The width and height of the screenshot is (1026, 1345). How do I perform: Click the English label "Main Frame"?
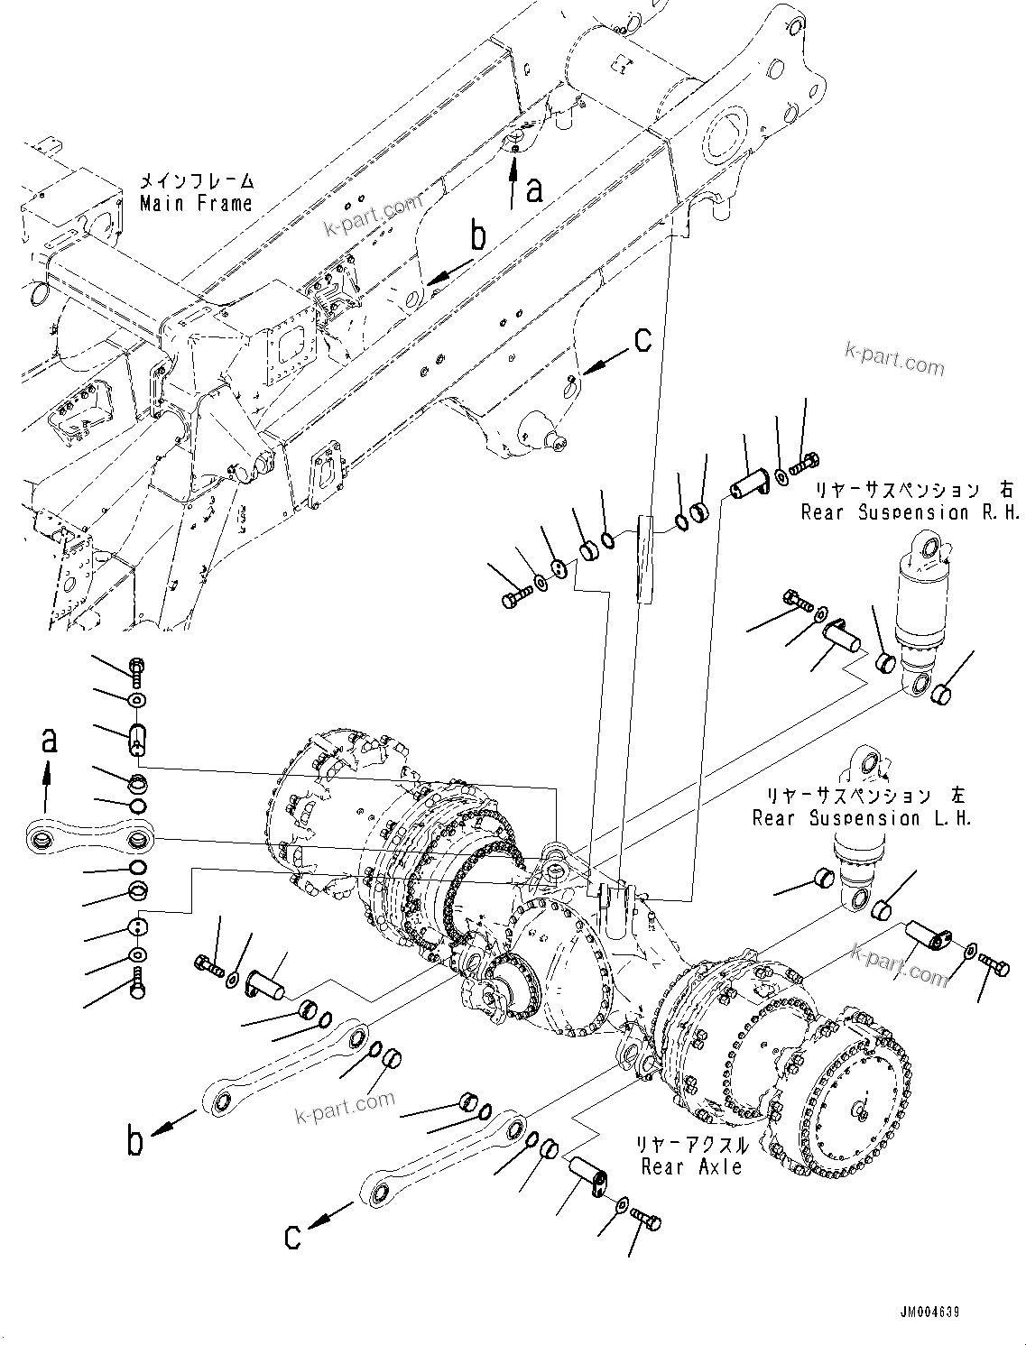[196, 204]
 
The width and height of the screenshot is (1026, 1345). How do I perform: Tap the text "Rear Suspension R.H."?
[910, 512]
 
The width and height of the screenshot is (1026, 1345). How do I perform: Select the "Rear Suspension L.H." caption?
[862, 818]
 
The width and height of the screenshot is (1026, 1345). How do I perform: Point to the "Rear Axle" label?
[691, 1166]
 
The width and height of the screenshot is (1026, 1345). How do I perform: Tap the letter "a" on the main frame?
[535, 189]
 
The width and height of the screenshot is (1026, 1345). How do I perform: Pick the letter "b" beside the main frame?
[478, 236]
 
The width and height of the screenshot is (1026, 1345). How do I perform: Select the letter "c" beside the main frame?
[642, 339]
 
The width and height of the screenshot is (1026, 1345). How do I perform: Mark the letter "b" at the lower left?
[134, 1141]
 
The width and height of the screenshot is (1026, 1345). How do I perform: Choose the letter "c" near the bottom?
[291, 1236]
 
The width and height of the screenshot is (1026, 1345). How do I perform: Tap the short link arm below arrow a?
[88, 838]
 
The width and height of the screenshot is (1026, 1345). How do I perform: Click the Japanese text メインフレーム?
[196, 181]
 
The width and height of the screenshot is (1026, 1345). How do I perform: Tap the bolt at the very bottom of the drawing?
[644, 1221]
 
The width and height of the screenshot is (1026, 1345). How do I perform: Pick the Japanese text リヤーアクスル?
[691, 1145]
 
